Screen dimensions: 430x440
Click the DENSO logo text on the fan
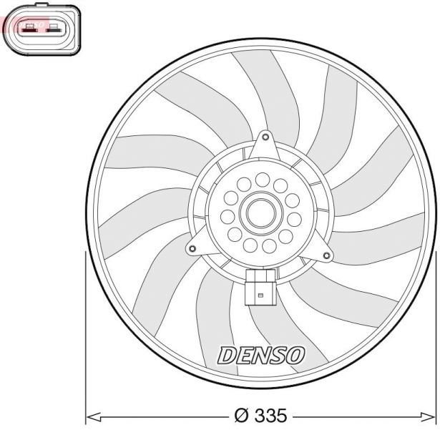261,354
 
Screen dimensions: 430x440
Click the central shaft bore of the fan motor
261,212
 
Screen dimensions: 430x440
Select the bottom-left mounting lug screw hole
192,249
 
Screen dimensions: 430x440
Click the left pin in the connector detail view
29,29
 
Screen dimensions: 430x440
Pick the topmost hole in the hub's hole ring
263,178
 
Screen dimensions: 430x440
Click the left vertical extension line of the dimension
86,336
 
